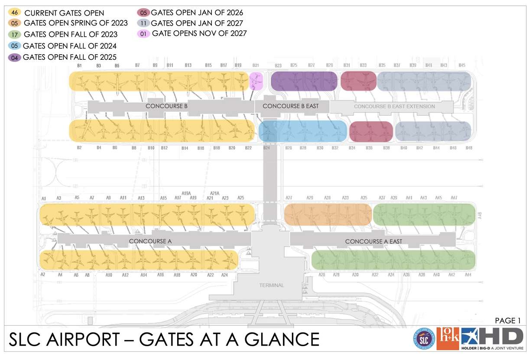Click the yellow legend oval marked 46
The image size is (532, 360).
[x=14, y=13]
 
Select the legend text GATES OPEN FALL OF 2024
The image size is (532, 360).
[x=69, y=45]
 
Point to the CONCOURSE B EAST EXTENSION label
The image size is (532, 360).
[x=394, y=106]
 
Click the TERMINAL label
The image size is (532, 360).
[x=272, y=285]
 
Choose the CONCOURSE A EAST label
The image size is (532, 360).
[x=373, y=241]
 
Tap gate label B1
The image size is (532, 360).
[x=79, y=65]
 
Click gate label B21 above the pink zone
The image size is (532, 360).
[x=256, y=65]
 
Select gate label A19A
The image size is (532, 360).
[x=186, y=193]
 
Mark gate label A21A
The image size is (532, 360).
[x=214, y=193]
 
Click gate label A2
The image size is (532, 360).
[x=43, y=275]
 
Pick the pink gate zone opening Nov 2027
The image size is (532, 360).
[x=256, y=81]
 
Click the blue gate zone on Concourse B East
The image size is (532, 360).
[x=303, y=131]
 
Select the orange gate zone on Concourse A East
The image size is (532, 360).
[x=328, y=214]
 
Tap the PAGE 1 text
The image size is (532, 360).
[x=507, y=321]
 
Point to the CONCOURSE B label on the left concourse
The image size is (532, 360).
[x=163, y=106]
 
